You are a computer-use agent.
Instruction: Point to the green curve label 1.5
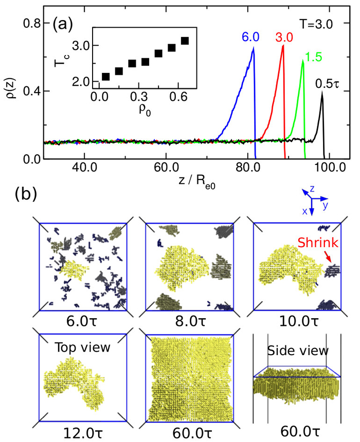click(311, 54)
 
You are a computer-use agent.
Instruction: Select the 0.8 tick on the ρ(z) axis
click(32, 23)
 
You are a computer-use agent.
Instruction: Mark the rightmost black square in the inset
click(185, 41)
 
